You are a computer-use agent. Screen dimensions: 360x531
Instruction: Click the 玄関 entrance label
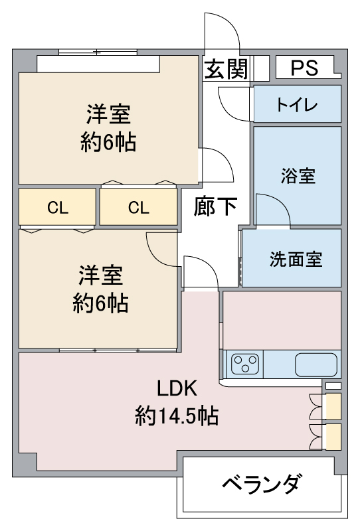(x=226, y=69)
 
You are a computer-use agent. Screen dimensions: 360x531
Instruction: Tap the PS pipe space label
(x=304, y=68)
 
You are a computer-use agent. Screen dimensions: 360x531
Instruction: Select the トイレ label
(x=297, y=104)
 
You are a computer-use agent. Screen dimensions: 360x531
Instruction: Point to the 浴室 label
(x=298, y=176)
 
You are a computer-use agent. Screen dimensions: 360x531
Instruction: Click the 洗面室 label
(x=296, y=259)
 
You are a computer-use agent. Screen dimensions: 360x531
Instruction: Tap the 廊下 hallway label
(x=215, y=206)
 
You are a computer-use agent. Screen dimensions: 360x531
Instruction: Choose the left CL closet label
(x=58, y=207)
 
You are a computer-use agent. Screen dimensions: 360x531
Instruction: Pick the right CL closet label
(x=138, y=207)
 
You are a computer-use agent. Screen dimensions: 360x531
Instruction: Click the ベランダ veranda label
(x=261, y=483)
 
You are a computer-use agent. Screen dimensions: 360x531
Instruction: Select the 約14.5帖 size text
(x=177, y=416)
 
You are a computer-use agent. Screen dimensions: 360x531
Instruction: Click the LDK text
(x=177, y=388)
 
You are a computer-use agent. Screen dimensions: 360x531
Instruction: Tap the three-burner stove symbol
(x=244, y=364)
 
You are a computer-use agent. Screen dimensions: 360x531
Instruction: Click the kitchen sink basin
(x=316, y=364)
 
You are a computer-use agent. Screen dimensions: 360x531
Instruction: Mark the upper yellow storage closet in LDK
(x=333, y=406)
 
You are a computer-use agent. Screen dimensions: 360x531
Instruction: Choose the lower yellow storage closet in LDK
(x=333, y=437)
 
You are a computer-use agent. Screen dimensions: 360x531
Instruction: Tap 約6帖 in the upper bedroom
(x=108, y=142)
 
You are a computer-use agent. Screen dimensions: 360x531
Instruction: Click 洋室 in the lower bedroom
(x=101, y=275)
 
